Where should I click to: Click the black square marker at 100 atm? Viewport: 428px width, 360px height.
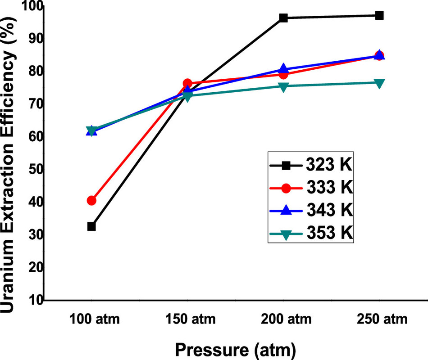(x=91, y=226)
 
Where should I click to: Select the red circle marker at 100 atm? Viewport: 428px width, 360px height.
(x=91, y=200)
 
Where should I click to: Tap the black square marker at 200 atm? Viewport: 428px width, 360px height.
(x=283, y=18)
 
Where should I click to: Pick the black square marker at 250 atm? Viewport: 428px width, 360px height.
(x=379, y=15)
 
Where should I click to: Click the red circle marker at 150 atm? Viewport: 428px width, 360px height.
(x=187, y=83)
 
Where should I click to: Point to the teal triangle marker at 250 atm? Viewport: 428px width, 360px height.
(x=379, y=83)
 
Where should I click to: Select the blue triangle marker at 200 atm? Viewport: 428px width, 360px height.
(x=283, y=69)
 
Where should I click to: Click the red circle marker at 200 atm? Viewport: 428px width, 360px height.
(x=283, y=74)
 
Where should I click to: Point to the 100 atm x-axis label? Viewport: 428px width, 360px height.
(x=95, y=320)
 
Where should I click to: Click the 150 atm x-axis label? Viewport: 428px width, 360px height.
(x=191, y=320)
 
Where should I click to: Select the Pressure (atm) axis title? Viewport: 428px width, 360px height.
(x=235, y=349)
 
